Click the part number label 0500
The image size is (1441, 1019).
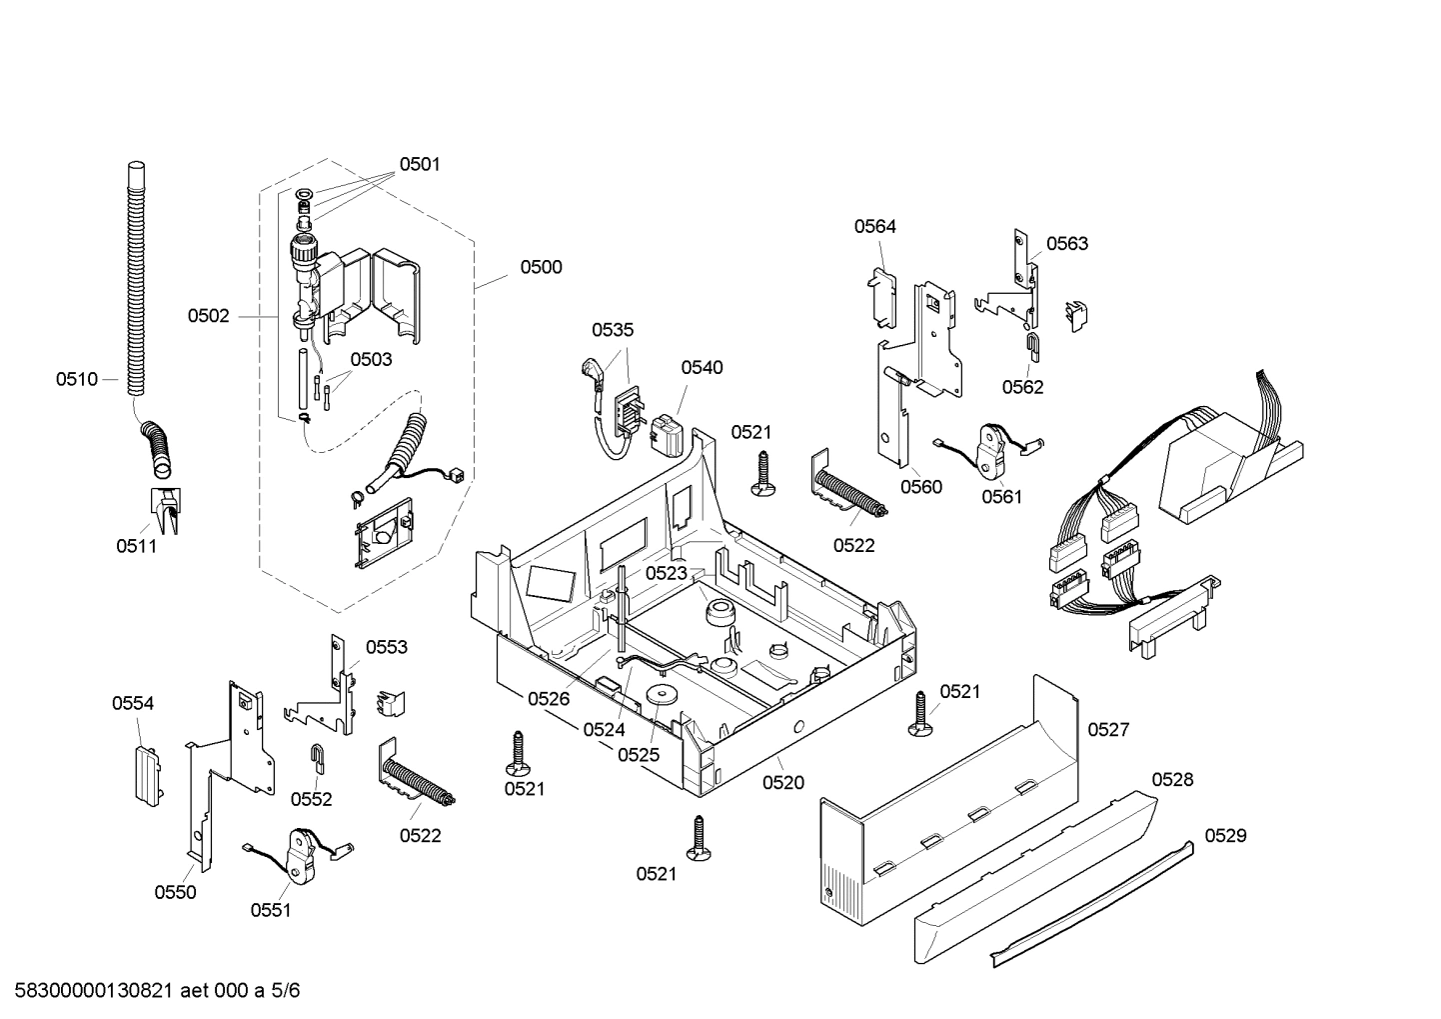click(540, 267)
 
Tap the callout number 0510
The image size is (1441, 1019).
click(77, 379)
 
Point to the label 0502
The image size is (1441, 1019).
click(208, 316)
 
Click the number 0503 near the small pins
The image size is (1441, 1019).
click(371, 359)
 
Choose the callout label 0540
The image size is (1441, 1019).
click(702, 367)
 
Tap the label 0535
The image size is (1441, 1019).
click(612, 330)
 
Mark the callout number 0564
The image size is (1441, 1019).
click(874, 226)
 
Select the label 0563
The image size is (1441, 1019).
click(1067, 243)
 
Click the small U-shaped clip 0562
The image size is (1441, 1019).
click(1033, 347)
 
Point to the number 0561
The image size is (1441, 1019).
click(1001, 496)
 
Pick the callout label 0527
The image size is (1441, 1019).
click(1108, 729)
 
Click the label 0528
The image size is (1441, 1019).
click(1172, 779)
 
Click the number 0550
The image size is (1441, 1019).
click(175, 892)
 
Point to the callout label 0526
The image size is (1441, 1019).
click(549, 699)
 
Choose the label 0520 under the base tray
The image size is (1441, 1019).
click(782, 783)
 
